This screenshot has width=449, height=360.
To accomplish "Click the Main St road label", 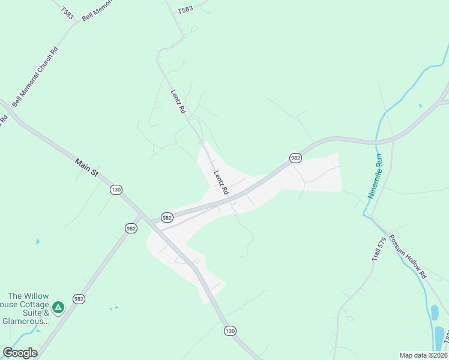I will (x=87, y=167).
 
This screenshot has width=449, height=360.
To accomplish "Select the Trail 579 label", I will (x=379, y=249).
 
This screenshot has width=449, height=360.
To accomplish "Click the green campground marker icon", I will (x=58, y=308).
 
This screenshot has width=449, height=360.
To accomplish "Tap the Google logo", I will (x=20, y=353).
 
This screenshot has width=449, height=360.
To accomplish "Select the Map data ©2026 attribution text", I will (x=423, y=355).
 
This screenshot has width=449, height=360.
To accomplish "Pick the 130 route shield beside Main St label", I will (x=116, y=190).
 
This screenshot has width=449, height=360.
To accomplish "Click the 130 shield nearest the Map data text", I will (x=230, y=331).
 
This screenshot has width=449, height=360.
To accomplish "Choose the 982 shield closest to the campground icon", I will (x=79, y=299).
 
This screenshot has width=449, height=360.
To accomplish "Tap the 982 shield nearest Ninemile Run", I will (x=295, y=158).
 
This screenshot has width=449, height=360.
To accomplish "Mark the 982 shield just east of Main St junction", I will (x=167, y=217).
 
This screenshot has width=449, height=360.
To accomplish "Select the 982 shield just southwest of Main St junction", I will (x=131, y=228).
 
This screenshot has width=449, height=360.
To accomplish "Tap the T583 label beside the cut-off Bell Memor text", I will (x=67, y=13).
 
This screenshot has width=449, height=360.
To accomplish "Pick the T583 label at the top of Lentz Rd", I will (x=185, y=10).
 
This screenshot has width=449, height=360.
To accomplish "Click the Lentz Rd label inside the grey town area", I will (x=221, y=182).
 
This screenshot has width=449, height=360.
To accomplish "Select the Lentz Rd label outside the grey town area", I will (x=179, y=102).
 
